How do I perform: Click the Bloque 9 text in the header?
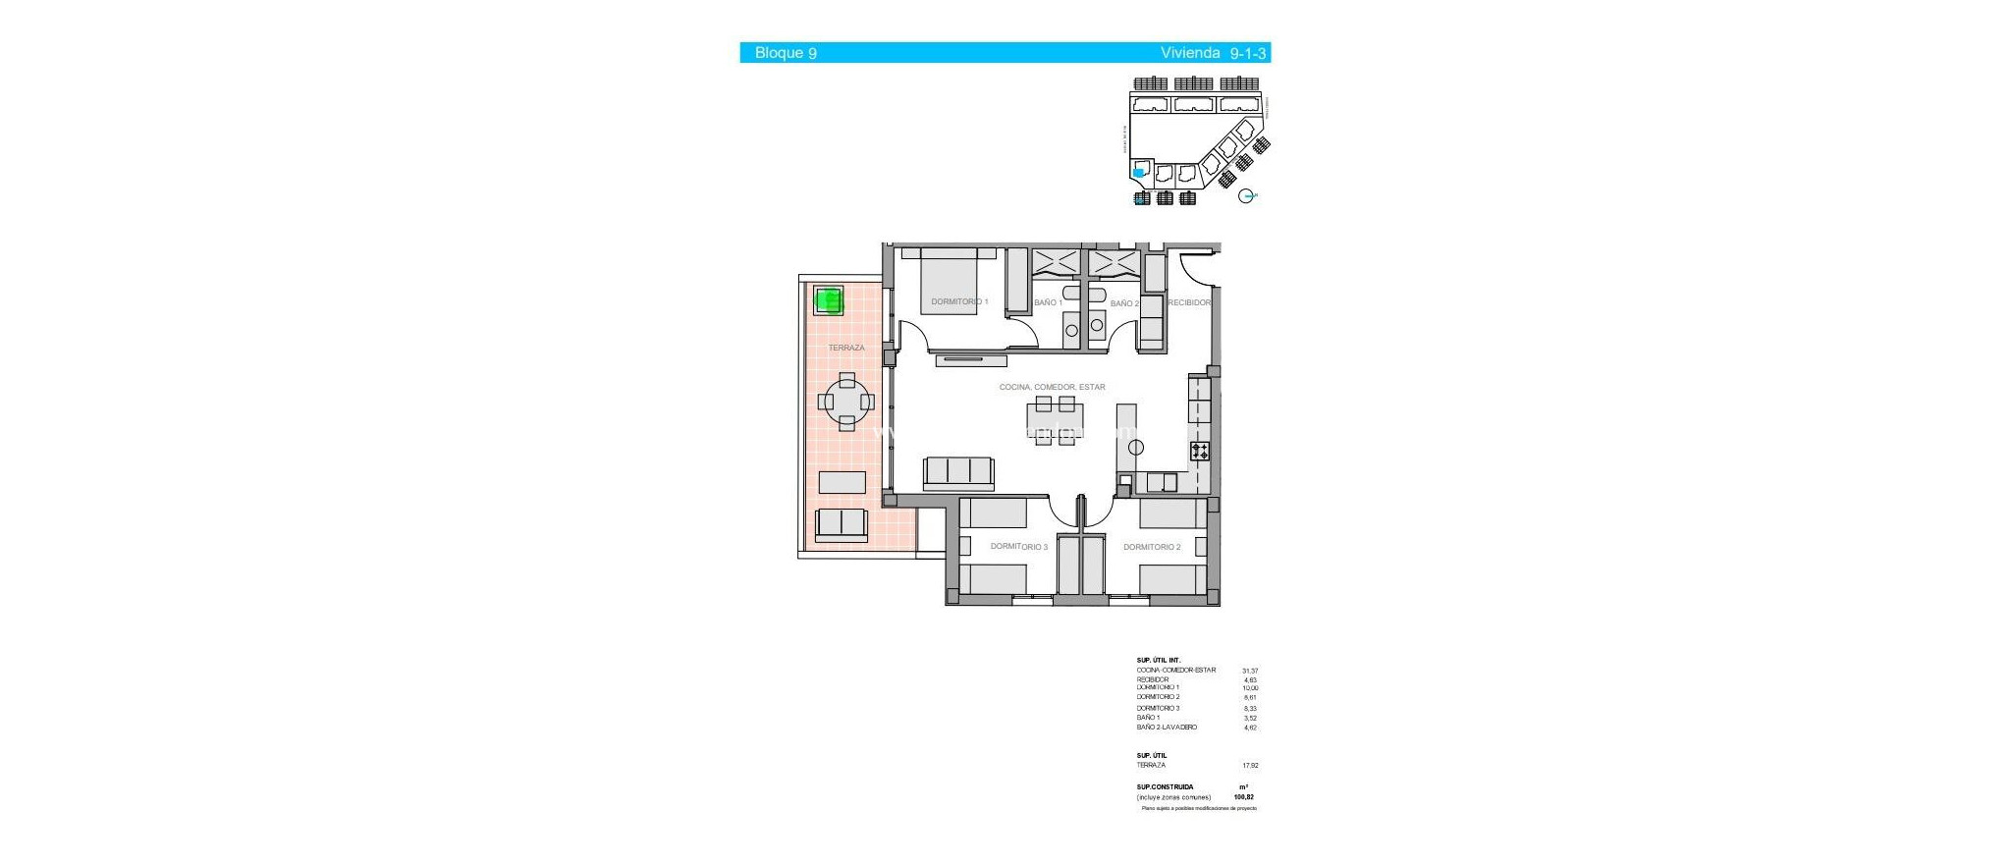pyautogui.click(x=785, y=53)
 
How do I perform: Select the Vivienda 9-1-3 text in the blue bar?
pyautogui.click(x=1213, y=53)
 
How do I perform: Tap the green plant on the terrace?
pyautogui.click(x=830, y=300)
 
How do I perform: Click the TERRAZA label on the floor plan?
pyautogui.click(x=846, y=348)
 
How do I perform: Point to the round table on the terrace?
pyautogui.click(x=846, y=402)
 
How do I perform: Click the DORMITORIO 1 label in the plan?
pyautogui.click(x=959, y=301)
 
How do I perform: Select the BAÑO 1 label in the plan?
pyautogui.click(x=1047, y=302)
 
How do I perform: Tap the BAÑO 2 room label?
pyautogui.click(x=1124, y=303)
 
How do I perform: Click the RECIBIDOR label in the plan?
pyautogui.click(x=1189, y=302)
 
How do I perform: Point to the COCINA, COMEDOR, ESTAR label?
pyautogui.click(x=1052, y=387)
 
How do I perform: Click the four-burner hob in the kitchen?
pyautogui.click(x=1200, y=452)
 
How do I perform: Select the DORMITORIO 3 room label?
pyautogui.click(x=1018, y=547)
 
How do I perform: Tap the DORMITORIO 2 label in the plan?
pyautogui.click(x=1152, y=547)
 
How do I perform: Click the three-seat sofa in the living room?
pyautogui.click(x=958, y=472)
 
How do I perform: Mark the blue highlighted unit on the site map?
pyautogui.click(x=1138, y=173)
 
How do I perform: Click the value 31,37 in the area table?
pyautogui.click(x=1249, y=671)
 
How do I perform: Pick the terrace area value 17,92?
pyautogui.click(x=1249, y=765)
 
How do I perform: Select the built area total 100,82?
pyautogui.click(x=1244, y=797)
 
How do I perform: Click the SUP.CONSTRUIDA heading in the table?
pyautogui.click(x=1165, y=786)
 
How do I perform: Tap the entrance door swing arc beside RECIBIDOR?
pyautogui.click(x=1197, y=268)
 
